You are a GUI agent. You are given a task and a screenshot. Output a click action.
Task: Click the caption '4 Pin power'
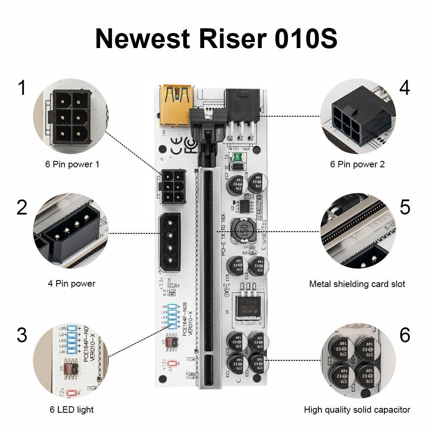pos(71,284)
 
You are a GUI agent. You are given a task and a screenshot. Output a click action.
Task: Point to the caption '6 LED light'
pos(71,410)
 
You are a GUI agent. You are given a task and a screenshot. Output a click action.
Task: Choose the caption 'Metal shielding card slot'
pos(357,284)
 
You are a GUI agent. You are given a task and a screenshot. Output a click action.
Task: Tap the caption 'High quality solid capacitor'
pos(357,410)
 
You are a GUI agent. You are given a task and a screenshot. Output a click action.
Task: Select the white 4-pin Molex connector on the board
pos(170,242)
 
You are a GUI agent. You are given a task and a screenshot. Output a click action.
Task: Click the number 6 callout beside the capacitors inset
pos(405,335)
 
